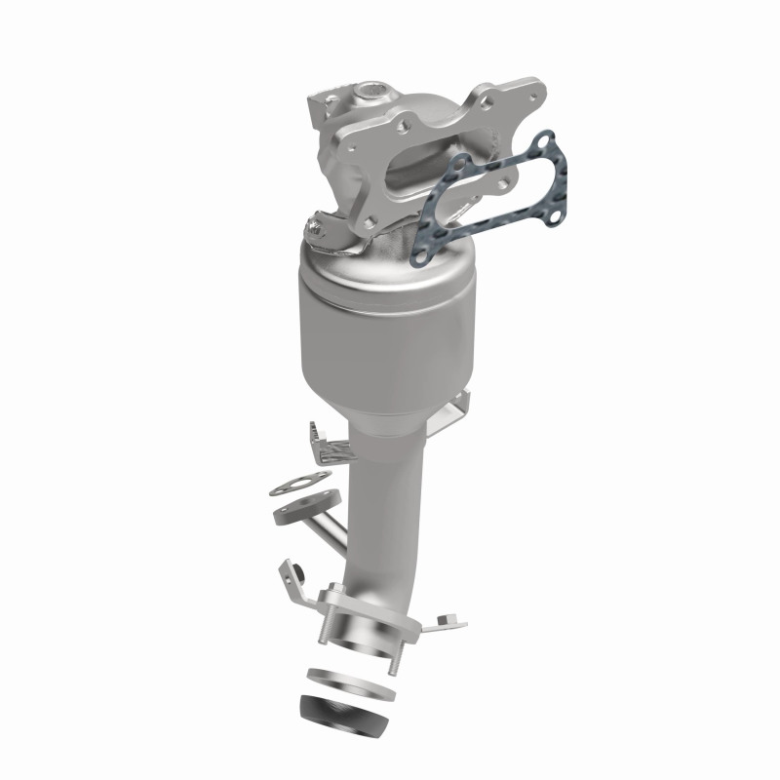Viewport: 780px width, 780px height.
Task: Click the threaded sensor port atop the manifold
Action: coord(371,95)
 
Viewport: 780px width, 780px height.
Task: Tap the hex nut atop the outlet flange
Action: coord(331,589)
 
